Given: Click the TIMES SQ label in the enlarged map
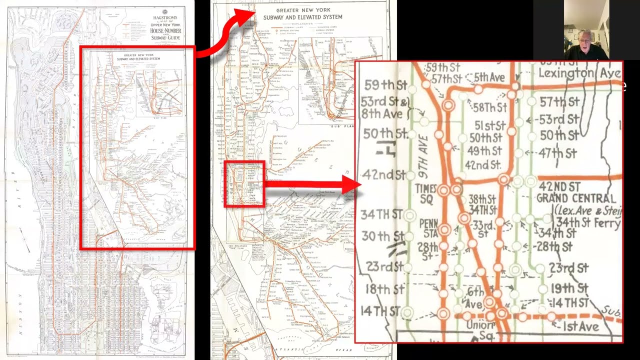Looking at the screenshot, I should tap(426, 192).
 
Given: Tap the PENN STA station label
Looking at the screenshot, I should tap(428, 227).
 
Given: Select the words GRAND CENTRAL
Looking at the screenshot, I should tap(576, 198).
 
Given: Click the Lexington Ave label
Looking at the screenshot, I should tap(579, 73).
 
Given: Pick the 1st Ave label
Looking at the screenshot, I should tap(580, 327).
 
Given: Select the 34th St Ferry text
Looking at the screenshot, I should tap(588, 222).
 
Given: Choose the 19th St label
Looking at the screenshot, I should tap(569, 288).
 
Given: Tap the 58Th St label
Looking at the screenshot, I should tap(490, 108).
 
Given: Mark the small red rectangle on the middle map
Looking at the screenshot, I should tap(244, 183).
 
